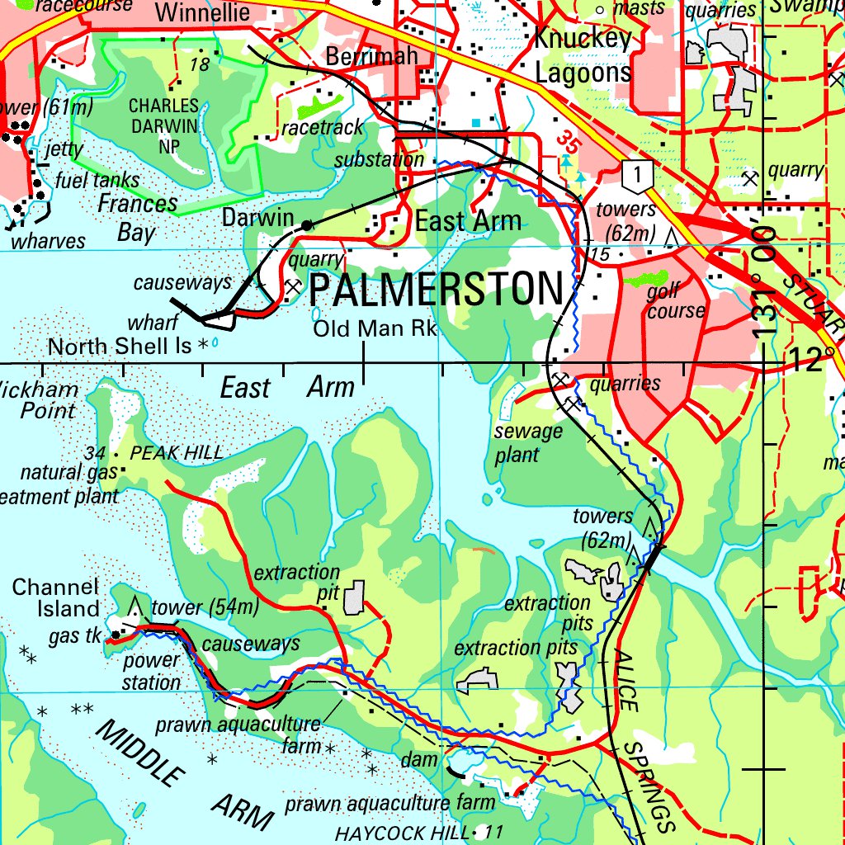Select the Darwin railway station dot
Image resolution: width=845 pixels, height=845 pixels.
click(x=307, y=224)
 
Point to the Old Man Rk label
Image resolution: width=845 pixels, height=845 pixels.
click(x=375, y=328)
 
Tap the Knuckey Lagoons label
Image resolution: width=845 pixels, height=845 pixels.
click(x=583, y=55)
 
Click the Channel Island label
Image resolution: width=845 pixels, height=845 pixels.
click(x=55, y=598)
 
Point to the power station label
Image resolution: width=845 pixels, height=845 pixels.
click(x=151, y=672)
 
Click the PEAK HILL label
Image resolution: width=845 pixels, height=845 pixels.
click(x=177, y=453)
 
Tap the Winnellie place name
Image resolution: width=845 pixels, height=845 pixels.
click(x=201, y=12)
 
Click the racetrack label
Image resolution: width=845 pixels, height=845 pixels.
click(x=322, y=128)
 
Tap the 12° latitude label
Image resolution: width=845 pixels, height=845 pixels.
click(x=812, y=360)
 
